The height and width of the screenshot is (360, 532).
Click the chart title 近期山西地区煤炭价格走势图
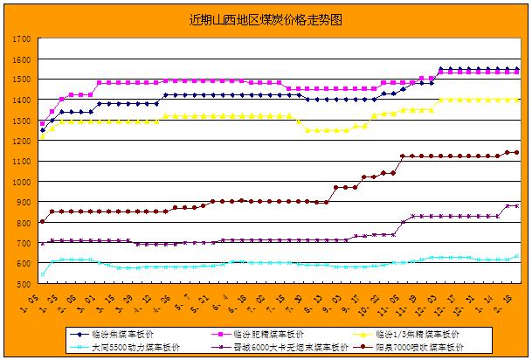click(x=266, y=19)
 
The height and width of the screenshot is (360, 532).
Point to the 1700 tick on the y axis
click(x=24, y=39)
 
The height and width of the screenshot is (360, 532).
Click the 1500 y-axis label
click(x=24, y=80)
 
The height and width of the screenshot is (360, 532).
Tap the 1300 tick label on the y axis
click(x=24, y=121)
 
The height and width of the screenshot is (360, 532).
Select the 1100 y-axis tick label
click(x=24, y=162)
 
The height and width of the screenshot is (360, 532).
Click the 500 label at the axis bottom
click(x=25, y=284)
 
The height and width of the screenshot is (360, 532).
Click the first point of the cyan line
click(x=43, y=274)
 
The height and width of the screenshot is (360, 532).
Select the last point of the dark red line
click(x=516, y=152)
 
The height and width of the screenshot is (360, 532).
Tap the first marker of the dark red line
click(x=43, y=222)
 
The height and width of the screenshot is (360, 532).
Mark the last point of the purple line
click(x=516, y=206)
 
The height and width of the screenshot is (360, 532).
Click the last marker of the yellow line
click(x=516, y=100)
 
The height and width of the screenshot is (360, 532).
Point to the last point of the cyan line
click(x=516, y=256)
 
